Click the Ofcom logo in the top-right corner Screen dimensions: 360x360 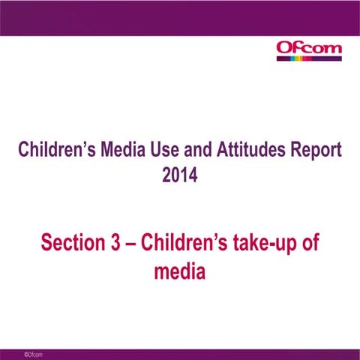pos(309,51)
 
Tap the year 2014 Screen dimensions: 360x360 pos(180,176)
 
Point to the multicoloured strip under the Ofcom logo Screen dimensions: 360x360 pos(309,60)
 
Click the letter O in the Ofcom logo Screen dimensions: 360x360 pos(283,49)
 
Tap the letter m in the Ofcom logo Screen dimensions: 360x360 pos(333,50)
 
